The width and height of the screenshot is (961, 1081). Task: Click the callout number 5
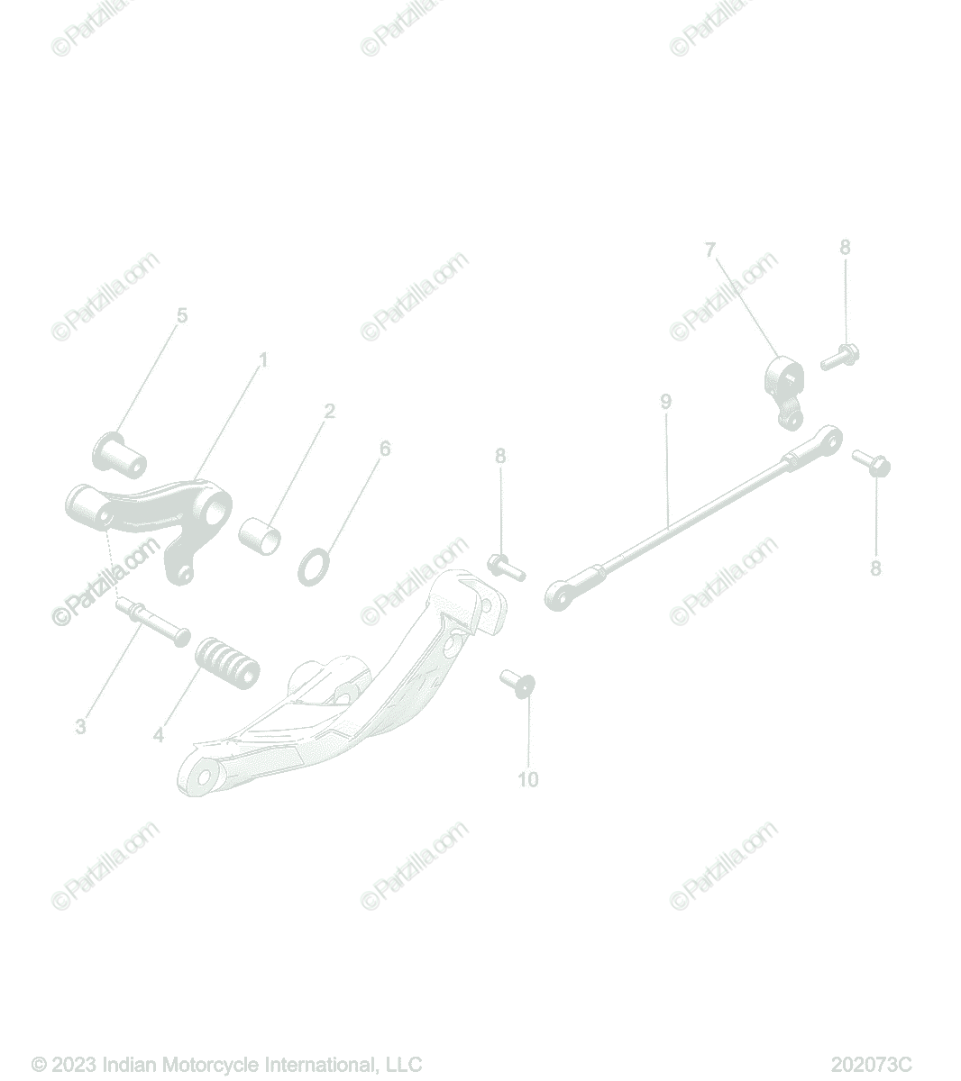click(182, 316)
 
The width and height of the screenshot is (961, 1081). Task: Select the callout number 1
click(262, 360)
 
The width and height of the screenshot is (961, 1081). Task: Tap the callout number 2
click(329, 411)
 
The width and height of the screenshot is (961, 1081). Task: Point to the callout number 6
click(385, 449)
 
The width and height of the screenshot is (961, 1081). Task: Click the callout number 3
click(80, 726)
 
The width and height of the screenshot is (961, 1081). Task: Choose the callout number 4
click(158, 735)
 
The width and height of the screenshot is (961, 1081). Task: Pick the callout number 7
click(710, 250)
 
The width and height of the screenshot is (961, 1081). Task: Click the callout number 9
click(665, 402)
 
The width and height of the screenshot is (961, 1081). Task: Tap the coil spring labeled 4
click(228, 662)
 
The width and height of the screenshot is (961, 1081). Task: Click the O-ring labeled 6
click(314, 567)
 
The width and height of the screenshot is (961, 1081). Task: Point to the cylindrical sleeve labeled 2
click(260, 535)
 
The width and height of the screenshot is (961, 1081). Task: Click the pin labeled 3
click(152, 622)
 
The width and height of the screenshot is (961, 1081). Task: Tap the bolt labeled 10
click(517, 684)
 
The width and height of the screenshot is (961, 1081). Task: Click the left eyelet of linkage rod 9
click(558, 596)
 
